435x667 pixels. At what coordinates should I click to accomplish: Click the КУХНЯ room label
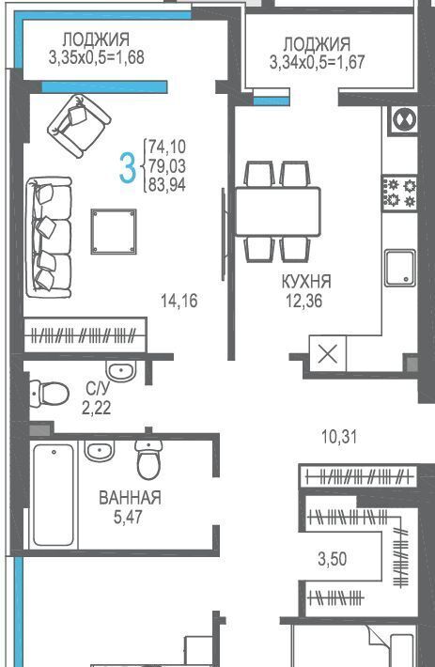pos(306,281)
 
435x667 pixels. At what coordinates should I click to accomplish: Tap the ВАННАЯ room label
pos(130,497)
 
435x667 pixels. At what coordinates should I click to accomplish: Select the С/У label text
pos(98,388)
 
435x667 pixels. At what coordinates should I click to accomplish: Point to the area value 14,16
pos(179,301)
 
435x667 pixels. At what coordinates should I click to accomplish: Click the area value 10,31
pos(339,437)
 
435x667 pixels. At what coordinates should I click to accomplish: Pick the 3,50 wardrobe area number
pos(332,559)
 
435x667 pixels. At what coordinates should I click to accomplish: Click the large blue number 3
pos(128,168)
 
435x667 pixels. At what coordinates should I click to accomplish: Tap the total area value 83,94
pos(167,185)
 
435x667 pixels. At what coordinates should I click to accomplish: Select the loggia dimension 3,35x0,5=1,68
pos(97,57)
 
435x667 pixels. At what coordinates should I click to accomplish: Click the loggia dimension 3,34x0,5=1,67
pos(318,62)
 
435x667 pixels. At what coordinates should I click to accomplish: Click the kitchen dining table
pos(278,211)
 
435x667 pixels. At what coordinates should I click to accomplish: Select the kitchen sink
pos(400,268)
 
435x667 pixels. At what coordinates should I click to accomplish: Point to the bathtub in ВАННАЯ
pos(54,495)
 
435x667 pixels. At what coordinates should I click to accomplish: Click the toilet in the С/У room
pos(50,394)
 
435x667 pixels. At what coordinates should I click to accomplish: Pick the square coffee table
pos(114,231)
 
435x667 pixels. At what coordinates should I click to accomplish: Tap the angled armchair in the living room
pos(79,126)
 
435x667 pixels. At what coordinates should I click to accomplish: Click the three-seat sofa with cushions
pos(49,238)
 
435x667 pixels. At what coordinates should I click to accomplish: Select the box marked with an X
pos(327,354)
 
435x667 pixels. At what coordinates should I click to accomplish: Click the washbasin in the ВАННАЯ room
pos(100,451)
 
